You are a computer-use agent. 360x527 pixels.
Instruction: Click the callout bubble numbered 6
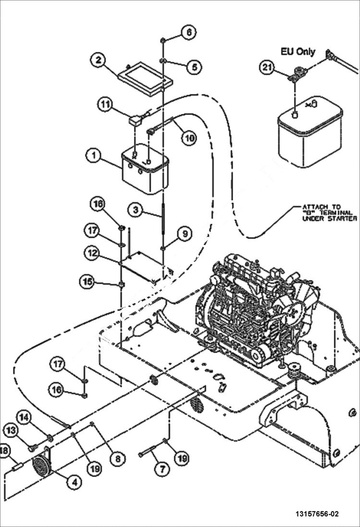coord(188,33)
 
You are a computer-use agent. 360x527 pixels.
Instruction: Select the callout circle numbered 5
coord(194,67)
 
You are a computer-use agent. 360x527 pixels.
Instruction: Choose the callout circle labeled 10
coord(188,138)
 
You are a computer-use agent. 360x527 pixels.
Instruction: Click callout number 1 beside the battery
coord(94,156)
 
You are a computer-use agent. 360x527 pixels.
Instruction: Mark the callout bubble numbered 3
coord(136,209)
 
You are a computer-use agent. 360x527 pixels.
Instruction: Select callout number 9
coord(185,234)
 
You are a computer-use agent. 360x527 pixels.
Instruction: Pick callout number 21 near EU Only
coord(268,68)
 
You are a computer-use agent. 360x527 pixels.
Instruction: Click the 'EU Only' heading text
coord(298,51)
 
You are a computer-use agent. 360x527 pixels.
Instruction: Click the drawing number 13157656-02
coord(317,514)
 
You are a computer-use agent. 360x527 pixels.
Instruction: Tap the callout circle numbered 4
coord(74,482)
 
